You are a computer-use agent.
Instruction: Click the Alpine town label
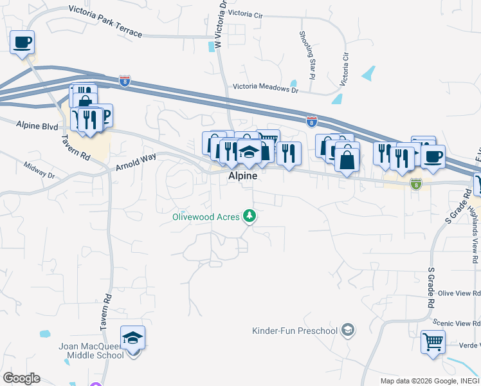[x=242, y=176]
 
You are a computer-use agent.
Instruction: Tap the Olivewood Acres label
[x=206, y=217]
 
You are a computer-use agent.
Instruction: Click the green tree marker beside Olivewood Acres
[x=250, y=216]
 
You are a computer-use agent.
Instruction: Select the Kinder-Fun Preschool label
[x=295, y=331]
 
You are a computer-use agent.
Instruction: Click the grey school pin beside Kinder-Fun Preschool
[x=347, y=331]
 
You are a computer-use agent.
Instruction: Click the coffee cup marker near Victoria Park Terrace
[x=23, y=43]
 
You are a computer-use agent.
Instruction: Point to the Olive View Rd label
[x=459, y=293]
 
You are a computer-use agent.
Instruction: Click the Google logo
[x=21, y=378]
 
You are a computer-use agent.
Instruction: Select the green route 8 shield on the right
[x=416, y=183]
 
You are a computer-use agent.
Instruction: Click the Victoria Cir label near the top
[x=246, y=13]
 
